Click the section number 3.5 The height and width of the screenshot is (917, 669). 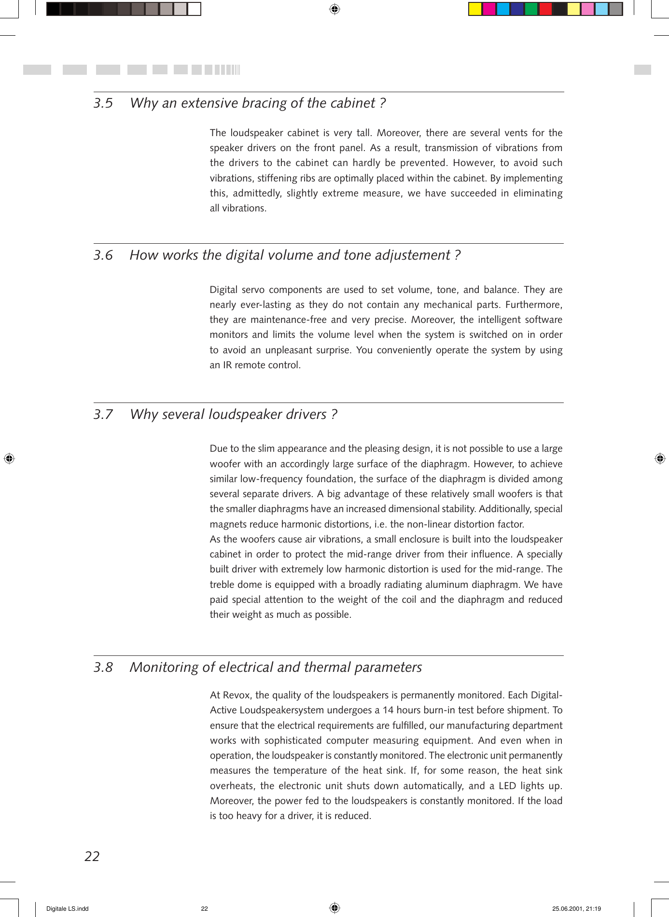[103, 103]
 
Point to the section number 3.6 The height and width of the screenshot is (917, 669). [103, 255]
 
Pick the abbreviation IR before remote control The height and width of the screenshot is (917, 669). [227, 365]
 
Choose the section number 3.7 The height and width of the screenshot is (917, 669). [103, 415]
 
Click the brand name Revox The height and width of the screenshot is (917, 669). [237, 695]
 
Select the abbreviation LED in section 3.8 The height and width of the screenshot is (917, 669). [507, 786]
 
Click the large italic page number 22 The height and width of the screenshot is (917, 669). [92, 856]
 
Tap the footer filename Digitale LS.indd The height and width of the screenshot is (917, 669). [67, 909]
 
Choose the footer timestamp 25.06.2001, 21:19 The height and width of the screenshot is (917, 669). [576, 909]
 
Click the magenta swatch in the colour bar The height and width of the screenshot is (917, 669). [489, 9]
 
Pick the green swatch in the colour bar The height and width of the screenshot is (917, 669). [531, 9]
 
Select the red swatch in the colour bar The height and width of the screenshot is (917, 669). [545, 9]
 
